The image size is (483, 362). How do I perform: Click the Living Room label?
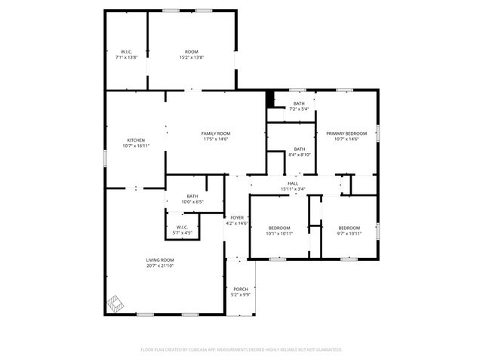[160, 260]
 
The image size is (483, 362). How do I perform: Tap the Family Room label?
[215, 133]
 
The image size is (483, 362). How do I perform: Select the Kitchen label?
[136, 140]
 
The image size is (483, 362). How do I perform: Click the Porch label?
[240, 290]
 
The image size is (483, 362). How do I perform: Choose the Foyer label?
[237, 218]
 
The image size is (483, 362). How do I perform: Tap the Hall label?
[293, 183]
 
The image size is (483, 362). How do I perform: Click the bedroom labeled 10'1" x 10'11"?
[279, 228]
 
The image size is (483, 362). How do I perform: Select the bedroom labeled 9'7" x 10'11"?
[349, 228]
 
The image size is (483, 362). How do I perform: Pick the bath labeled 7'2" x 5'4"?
[299, 103]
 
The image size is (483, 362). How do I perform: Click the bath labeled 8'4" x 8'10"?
[300, 149]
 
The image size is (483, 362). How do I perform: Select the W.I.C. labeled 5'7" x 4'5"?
[182, 227]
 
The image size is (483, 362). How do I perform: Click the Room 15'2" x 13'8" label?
[192, 52]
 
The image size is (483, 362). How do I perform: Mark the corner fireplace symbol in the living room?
[115, 303]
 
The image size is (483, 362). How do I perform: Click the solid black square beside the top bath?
[269, 98]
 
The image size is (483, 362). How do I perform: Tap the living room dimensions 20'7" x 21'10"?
[160, 265]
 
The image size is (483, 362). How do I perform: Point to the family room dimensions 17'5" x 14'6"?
[215, 139]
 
